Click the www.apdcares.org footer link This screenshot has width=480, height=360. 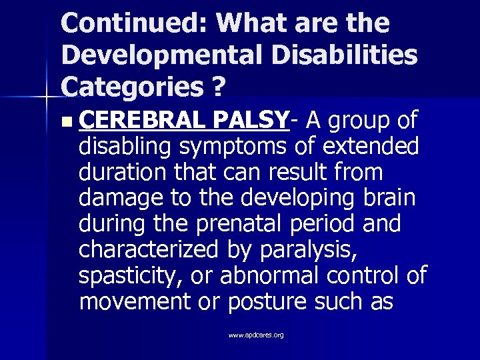click(255, 335)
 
